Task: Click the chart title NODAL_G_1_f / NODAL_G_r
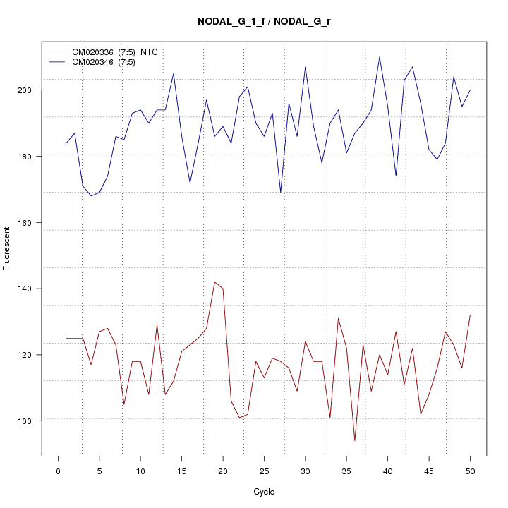coord(265,22)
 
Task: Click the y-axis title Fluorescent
coord(7,248)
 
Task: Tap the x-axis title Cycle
coord(263,492)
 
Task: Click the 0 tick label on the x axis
coord(58,471)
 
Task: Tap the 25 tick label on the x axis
coord(264,471)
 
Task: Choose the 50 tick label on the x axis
coord(470,471)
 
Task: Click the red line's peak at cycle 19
coord(214,282)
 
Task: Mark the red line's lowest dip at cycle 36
coord(354,441)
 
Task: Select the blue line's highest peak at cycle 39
coord(380,57)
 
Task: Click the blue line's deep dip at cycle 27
coord(280,193)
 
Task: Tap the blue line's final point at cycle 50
coord(470,90)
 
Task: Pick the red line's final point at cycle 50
coord(470,315)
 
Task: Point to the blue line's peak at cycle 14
coord(174,73)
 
